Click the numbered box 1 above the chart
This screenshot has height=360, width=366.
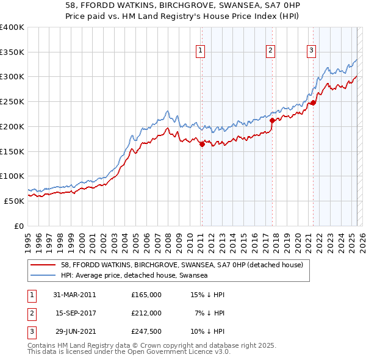201,51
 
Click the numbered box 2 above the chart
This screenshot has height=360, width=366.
270,51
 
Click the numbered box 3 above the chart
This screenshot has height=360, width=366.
311,51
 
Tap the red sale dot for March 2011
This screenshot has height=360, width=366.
202,144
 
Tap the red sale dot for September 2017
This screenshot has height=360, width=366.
271,120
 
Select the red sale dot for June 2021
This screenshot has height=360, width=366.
313,103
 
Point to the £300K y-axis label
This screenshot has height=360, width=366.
12,77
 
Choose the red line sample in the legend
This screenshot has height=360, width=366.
43,265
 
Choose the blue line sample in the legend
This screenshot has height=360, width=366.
43,275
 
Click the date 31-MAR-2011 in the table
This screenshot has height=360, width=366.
74,295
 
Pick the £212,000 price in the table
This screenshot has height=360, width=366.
146,313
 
